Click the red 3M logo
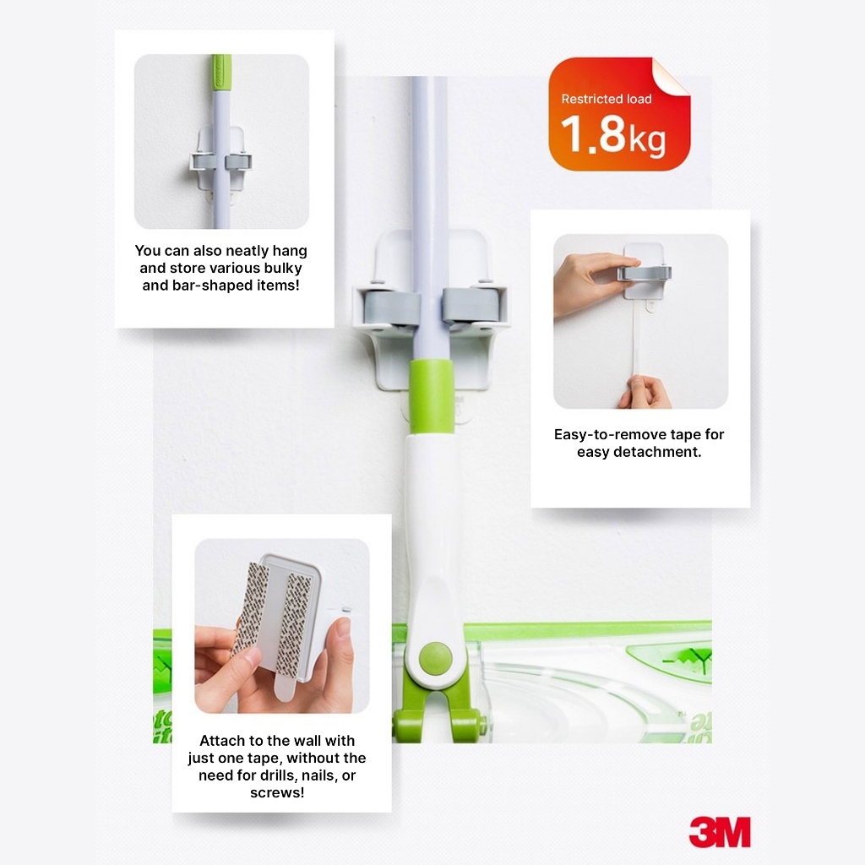[x=720, y=832]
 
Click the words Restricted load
[x=607, y=99]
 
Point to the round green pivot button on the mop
[x=435, y=657]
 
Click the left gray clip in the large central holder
[x=391, y=307]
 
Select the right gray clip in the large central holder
[x=471, y=305]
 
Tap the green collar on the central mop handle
[x=432, y=395]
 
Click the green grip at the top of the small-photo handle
[x=222, y=73]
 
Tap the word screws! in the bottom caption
[x=277, y=792]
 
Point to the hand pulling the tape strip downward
[x=645, y=392]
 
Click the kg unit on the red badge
[x=647, y=140]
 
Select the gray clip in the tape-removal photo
[x=645, y=273]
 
